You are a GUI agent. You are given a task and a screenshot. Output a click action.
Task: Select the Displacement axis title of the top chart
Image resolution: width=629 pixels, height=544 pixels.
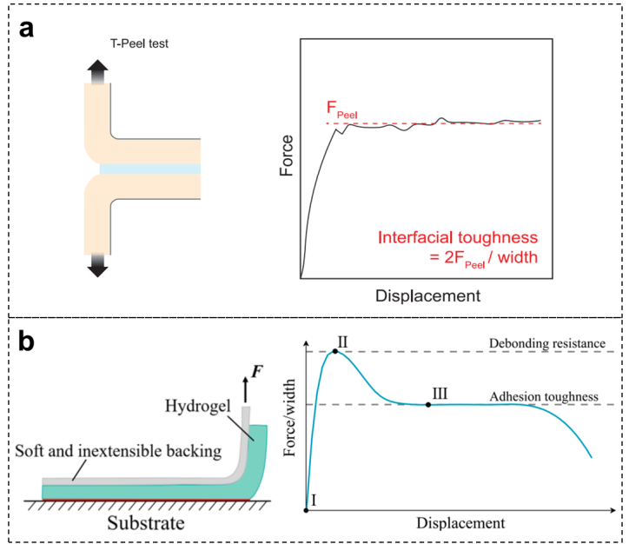point(427,295)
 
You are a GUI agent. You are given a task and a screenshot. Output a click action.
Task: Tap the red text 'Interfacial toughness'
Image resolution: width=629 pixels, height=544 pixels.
point(457,238)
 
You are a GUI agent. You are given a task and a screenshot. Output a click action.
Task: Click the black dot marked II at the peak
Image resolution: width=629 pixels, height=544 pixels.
point(335,351)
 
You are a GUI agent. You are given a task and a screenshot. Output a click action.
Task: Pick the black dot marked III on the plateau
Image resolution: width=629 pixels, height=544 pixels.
point(428,405)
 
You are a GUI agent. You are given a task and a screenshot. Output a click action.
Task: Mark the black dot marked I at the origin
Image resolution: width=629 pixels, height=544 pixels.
point(306,510)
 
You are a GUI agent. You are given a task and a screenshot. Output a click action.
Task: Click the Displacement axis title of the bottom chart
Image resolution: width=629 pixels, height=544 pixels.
point(460,523)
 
